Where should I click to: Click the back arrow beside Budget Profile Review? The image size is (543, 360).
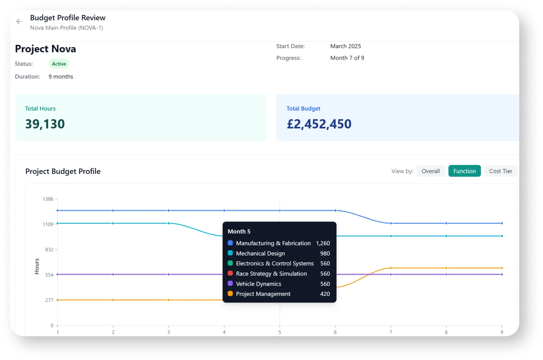[19, 21]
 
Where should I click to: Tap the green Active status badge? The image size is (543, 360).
[59, 64]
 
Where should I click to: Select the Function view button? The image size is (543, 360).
[464, 171]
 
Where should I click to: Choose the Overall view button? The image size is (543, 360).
[430, 171]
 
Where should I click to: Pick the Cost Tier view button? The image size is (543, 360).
[501, 171]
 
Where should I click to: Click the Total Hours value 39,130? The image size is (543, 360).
[45, 124]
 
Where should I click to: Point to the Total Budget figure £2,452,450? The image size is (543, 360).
[319, 124]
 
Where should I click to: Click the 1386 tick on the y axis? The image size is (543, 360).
[48, 199]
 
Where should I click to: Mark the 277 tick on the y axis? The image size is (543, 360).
[49, 300]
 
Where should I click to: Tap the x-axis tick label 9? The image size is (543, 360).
[502, 332]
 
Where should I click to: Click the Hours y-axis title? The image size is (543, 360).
[37, 266]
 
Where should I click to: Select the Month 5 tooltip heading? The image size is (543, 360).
[239, 232]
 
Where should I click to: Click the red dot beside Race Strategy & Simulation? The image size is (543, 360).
[230, 273]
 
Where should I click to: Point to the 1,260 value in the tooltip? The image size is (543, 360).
[323, 243]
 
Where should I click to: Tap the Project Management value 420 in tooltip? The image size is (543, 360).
[325, 294]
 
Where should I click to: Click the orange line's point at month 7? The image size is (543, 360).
[391, 268]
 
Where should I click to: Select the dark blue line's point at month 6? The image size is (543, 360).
[335, 211]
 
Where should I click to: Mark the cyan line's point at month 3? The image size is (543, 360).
[169, 223]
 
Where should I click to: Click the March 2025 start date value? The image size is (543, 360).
[345, 46]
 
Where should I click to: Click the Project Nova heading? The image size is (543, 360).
[45, 49]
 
